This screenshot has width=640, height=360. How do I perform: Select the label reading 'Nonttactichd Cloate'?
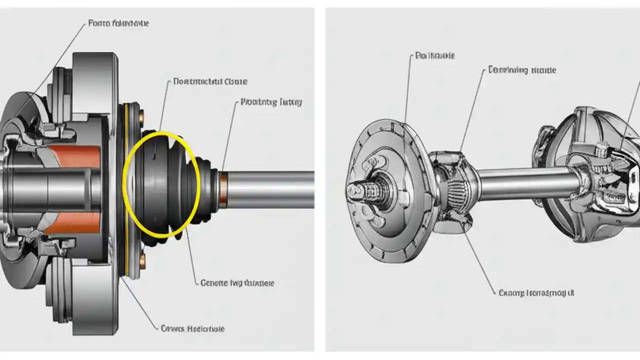tap(210, 81)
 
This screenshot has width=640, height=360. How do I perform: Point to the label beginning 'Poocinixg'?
tap(271, 102)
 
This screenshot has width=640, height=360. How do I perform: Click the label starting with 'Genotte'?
tap(237, 283)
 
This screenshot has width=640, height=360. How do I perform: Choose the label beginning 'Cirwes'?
tap(192, 328)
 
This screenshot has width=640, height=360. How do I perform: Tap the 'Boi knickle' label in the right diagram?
tap(434, 56)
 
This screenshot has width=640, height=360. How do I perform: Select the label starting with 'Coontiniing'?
tap(522, 70)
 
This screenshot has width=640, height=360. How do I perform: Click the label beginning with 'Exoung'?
tap(536, 292)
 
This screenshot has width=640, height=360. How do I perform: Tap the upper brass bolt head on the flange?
tap(142, 117)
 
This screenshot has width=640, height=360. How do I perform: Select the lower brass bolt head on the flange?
tap(142, 260)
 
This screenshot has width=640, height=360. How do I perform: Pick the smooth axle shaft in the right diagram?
tap(525, 183)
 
